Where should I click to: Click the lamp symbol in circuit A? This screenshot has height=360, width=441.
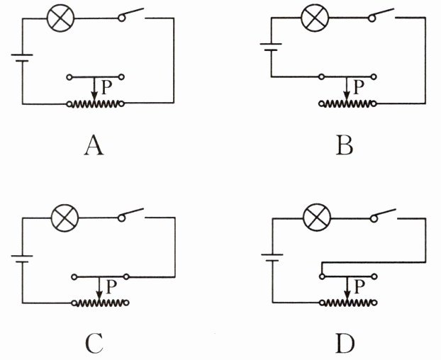pos(58,19)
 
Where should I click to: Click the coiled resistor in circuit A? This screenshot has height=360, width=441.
pos(96,104)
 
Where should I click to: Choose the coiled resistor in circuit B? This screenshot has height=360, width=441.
pos(348,103)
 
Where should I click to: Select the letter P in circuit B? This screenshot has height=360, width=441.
pos(357,87)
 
